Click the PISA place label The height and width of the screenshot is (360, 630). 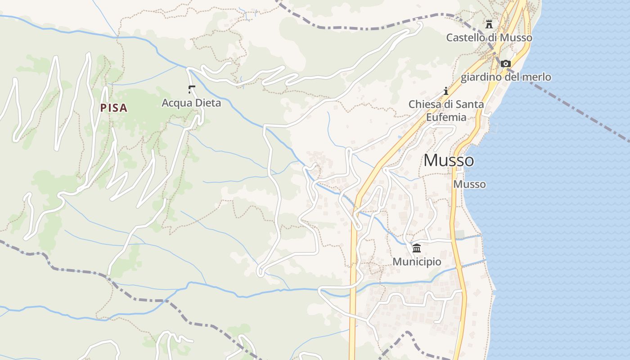coord(114,108)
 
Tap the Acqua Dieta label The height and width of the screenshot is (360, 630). coord(191,103)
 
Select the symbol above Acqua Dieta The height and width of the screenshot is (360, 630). coord(192,89)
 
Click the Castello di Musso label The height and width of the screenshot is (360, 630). coord(489,38)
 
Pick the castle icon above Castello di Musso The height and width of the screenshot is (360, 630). coord(489,24)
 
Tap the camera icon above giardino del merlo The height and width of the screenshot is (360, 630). coord(506,64)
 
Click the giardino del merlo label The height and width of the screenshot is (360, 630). coord(506,77)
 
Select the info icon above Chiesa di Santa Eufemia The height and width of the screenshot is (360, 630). coord(446,91)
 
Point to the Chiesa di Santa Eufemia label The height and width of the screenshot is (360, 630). coord(446,111)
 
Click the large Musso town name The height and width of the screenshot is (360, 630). coord(449,160)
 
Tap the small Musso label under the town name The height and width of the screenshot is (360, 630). coord(469,184)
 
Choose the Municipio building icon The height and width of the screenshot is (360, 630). coord(417,248)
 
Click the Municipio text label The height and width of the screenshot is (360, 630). coord(417,261)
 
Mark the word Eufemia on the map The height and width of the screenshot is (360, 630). coord(446,117)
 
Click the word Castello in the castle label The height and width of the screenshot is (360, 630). coord(465,38)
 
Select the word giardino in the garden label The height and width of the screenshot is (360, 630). coord(481,77)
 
